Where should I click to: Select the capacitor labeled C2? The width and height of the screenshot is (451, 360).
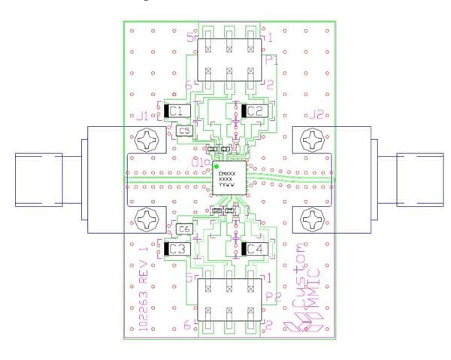pos(253,111)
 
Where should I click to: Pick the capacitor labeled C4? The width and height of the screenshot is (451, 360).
pos(253,249)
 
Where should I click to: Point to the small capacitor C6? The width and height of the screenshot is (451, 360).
pos(184,229)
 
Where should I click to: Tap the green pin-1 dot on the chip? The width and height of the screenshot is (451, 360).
pos(216,165)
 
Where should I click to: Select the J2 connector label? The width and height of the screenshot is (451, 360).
pos(316,116)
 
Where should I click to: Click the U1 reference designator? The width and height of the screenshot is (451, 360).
pos(199,161)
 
